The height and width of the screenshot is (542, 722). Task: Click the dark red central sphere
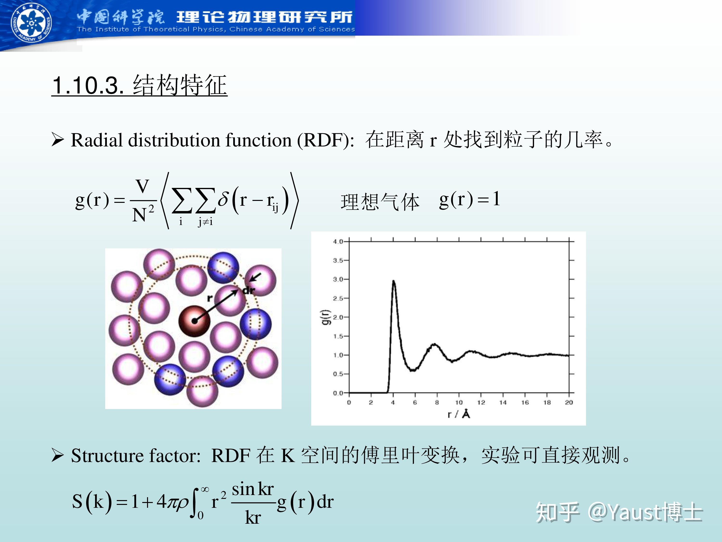point(194,321)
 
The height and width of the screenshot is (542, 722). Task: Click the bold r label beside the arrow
point(210,298)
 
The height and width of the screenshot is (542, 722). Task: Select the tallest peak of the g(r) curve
point(394,281)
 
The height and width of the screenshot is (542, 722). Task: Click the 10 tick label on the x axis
point(459,403)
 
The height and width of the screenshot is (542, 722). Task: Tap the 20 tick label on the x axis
point(569,403)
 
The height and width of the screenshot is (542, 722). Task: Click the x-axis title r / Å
point(459,414)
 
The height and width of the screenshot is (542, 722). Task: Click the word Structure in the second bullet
point(107,456)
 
